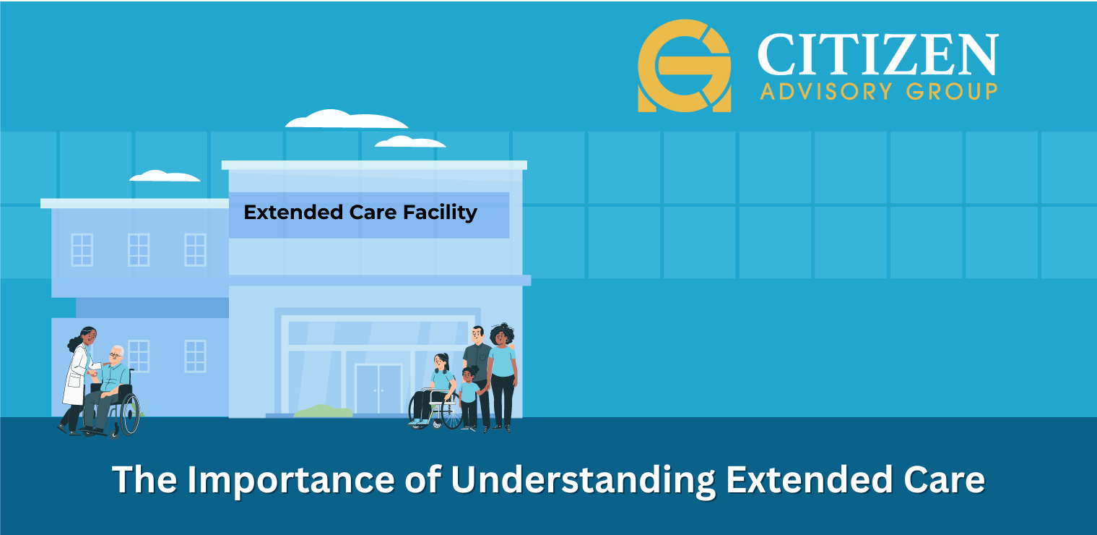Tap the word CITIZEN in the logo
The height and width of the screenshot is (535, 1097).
click(x=877, y=54)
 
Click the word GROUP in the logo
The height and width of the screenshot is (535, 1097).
click(x=952, y=91)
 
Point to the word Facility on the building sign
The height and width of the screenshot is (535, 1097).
click(x=440, y=213)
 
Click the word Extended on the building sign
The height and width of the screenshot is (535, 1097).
click(x=293, y=213)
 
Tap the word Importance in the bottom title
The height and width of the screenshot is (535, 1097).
click(x=291, y=480)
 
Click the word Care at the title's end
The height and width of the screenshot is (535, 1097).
click(x=944, y=480)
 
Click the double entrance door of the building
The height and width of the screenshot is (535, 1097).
click(x=378, y=390)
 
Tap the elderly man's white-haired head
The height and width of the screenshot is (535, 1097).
click(x=116, y=354)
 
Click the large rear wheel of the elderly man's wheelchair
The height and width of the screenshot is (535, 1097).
click(x=130, y=414)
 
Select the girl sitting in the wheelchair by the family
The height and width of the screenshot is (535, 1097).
click(x=433, y=390)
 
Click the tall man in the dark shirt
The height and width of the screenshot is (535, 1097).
click(x=477, y=378)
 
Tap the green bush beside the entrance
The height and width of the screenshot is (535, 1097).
click(x=324, y=411)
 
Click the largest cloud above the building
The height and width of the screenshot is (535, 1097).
click(x=346, y=119)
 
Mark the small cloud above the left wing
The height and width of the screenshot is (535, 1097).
click(x=165, y=176)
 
